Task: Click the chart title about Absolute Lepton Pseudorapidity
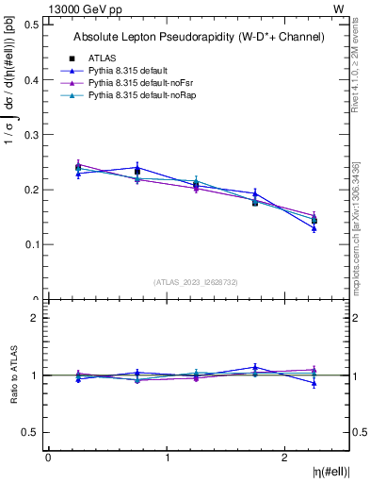(199, 37)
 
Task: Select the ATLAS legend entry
(102, 58)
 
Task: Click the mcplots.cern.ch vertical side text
(357, 236)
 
